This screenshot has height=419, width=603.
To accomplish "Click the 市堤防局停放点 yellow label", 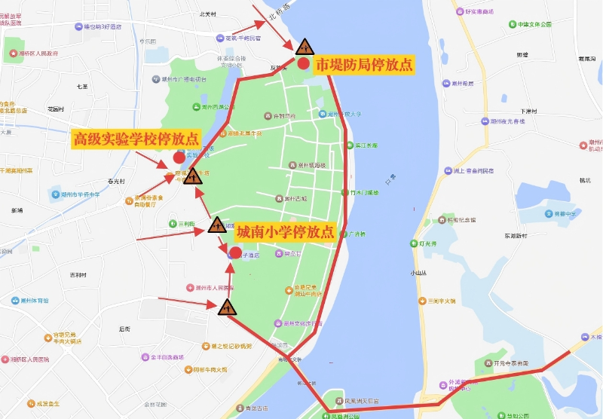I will click(x=364, y=66).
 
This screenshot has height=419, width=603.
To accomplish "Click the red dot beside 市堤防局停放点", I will click(x=303, y=64).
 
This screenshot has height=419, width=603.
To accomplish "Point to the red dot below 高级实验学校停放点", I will click(x=179, y=158).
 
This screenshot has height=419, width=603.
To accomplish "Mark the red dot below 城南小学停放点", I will click(x=235, y=252).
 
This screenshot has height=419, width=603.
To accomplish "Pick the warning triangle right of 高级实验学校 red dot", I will click(x=193, y=178).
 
